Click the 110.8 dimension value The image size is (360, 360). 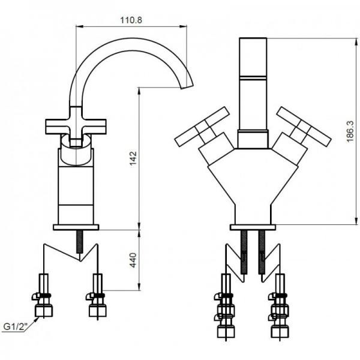(x=131, y=20)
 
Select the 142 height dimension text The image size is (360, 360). (x=133, y=158)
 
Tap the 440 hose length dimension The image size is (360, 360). (x=133, y=260)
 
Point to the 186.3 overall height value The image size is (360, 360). (x=350, y=132)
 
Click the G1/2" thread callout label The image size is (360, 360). (x=16, y=326)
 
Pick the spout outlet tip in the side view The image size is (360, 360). (x=187, y=87)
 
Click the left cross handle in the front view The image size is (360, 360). (x=202, y=127)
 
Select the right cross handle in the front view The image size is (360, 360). (x=304, y=127)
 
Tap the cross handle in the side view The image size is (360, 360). (x=76, y=127)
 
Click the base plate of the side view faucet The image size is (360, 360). (x=76, y=227)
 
